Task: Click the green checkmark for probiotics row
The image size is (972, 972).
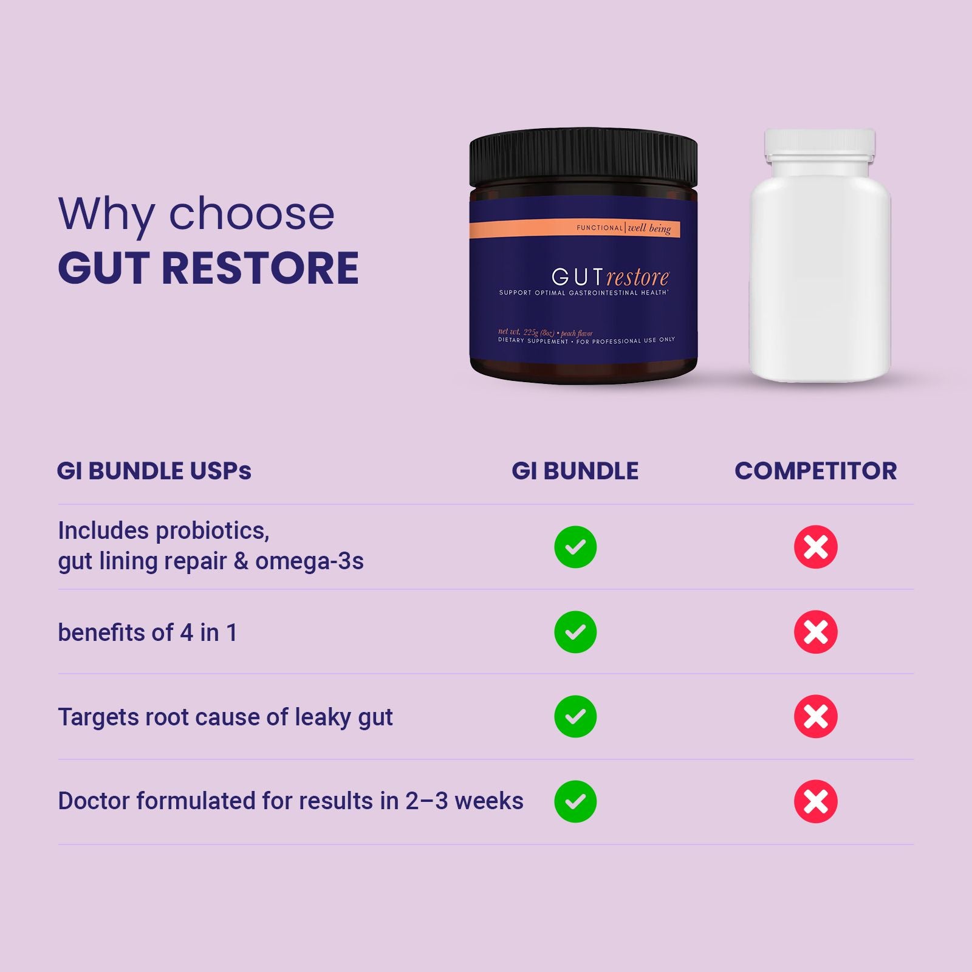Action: [x=575, y=547]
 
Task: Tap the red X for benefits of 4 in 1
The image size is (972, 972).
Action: [x=816, y=632]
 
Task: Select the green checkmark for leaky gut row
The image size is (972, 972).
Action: [x=575, y=716]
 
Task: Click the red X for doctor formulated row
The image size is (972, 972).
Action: [x=816, y=801]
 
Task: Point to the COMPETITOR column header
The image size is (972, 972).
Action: [x=816, y=471]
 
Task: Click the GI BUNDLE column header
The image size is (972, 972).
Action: [x=575, y=471]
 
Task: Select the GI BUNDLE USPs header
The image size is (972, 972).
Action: [x=154, y=471]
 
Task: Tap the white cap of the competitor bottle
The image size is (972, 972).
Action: [x=820, y=146]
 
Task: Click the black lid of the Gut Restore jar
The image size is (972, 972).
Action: [x=583, y=159]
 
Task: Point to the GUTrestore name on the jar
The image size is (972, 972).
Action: [x=610, y=277]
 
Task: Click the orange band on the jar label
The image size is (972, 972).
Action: [x=575, y=229]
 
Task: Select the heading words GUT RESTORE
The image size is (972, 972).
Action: [x=208, y=268]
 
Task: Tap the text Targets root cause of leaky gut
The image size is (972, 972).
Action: [x=225, y=717]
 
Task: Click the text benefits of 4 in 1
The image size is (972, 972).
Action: [x=148, y=632]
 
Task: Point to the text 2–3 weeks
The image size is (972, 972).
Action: [x=464, y=801]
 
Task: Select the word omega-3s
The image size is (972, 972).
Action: [x=309, y=561]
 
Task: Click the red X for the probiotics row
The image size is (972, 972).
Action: [x=816, y=547]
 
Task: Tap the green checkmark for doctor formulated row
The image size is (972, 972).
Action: [x=575, y=801]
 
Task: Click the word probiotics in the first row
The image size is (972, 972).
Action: [x=213, y=531]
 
